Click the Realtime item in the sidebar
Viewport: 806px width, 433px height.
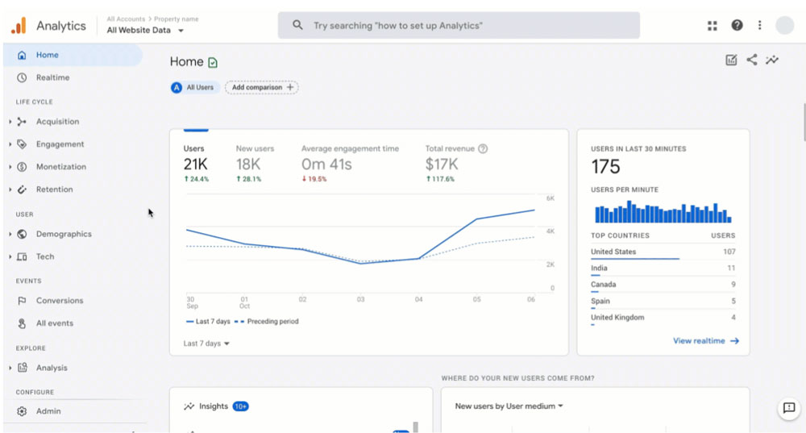52,77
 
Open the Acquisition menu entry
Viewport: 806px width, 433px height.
57,122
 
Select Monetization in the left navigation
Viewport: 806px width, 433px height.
61,167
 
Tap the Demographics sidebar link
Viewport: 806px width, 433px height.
64,234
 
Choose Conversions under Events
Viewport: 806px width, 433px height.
60,301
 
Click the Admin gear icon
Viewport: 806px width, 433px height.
22,411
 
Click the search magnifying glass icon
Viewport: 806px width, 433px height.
297,25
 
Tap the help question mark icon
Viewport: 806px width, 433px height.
737,25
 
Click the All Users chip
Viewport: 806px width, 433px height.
193,87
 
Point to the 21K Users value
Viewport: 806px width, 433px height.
195,164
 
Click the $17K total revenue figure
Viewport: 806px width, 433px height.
442,164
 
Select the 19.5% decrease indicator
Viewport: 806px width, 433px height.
314,179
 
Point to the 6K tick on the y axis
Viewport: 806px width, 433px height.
550,198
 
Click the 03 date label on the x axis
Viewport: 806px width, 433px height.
361,299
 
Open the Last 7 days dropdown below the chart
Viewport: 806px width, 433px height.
206,343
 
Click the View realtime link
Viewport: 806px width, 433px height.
706,341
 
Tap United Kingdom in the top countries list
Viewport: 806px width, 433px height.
617,318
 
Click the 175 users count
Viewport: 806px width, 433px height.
605,167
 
